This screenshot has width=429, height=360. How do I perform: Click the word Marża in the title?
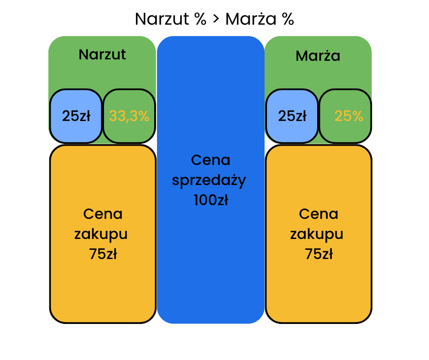click(250, 20)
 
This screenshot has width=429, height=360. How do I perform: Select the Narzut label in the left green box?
click(102, 54)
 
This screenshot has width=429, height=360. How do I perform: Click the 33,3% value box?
click(129, 116)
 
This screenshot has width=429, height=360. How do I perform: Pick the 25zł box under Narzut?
click(76, 116)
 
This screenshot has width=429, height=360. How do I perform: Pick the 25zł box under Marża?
click(292, 116)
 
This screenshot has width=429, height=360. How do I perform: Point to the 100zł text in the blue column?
click(210, 200)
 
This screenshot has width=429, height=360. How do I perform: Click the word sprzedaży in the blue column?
click(209, 180)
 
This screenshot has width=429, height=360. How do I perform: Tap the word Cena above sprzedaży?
click(210, 160)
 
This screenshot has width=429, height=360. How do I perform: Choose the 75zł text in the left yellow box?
click(103, 254)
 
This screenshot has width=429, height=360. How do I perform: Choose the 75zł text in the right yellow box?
click(319, 254)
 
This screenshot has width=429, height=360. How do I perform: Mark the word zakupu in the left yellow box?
click(101, 234)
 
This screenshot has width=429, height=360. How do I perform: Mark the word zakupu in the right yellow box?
click(317, 234)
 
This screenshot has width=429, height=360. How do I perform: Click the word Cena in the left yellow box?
click(103, 214)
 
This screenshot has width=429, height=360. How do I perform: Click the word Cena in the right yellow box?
click(319, 214)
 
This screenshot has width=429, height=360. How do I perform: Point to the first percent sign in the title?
click(199, 20)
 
